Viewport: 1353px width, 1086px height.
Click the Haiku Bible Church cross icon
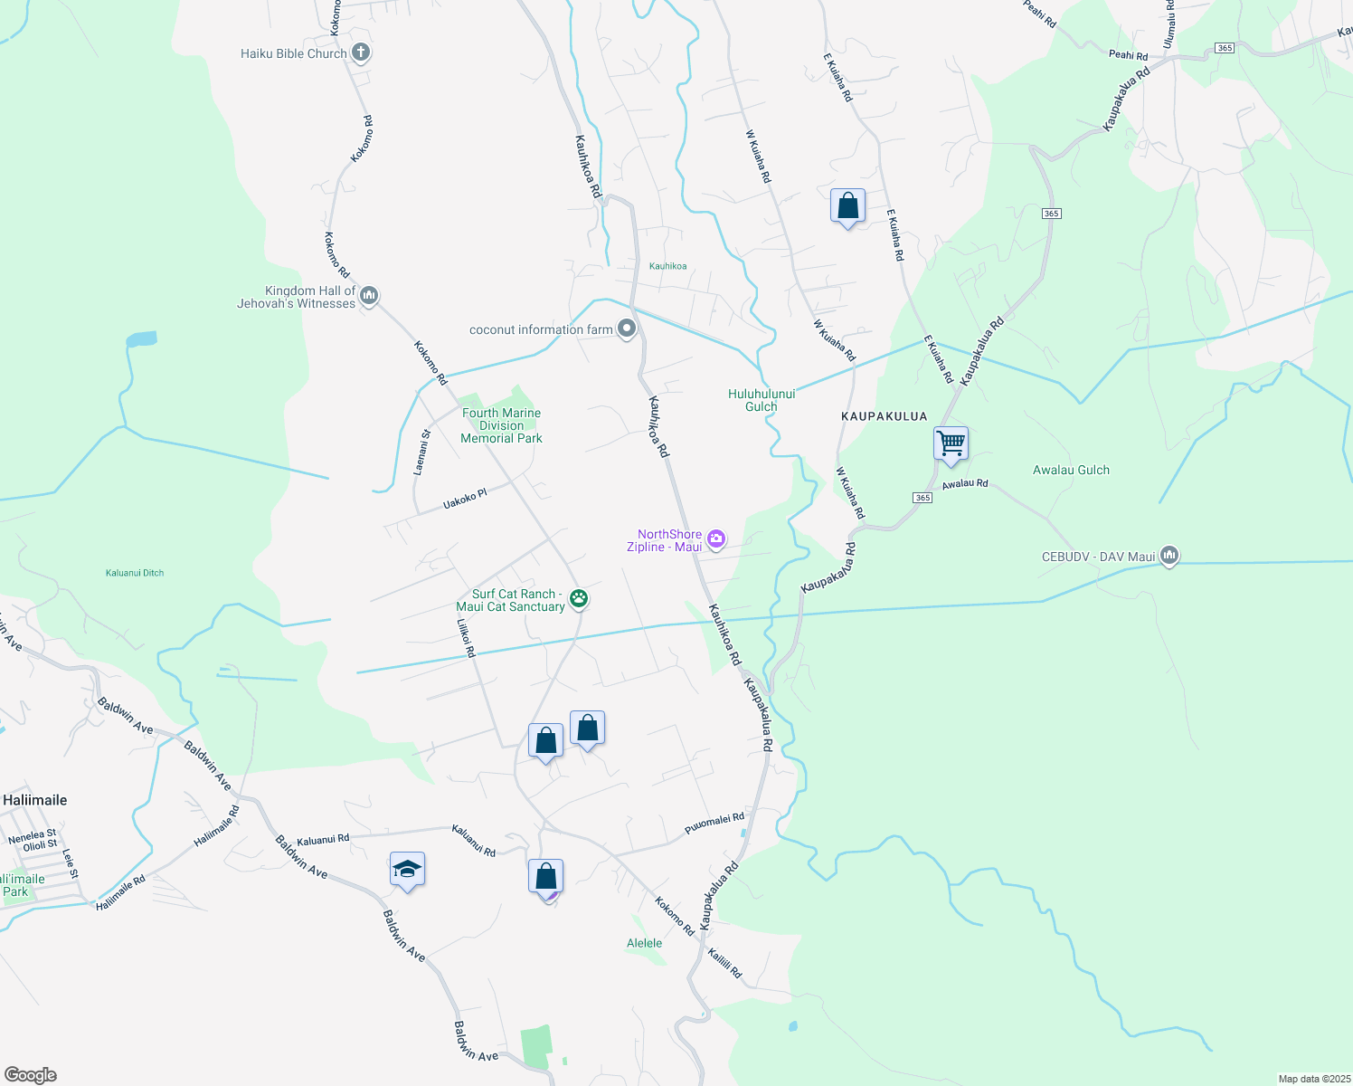(360, 52)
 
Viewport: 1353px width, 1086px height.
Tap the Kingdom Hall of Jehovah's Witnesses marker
(368, 296)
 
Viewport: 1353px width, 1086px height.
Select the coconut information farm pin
(627, 329)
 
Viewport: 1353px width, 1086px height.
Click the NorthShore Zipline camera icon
(716, 539)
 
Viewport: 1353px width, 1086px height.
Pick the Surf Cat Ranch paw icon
(579, 598)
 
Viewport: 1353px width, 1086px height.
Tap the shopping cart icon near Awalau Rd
(951, 444)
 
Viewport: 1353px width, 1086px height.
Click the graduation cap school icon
(407, 870)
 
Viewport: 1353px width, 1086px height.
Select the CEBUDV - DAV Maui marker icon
(1168, 556)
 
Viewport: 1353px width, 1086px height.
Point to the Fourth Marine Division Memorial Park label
(501, 425)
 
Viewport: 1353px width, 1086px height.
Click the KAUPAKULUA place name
(884, 416)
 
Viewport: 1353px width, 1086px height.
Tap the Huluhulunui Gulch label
(762, 400)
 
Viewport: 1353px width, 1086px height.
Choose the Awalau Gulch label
(1071, 470)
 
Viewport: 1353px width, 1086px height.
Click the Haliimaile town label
(35, 800)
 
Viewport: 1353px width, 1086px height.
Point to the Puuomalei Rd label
(714, 824)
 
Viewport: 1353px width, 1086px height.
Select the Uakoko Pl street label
(465, 499)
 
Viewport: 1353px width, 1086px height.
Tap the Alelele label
(644, 943)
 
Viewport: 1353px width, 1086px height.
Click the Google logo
(30, 1075)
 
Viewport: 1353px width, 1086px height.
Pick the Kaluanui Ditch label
(135, 573)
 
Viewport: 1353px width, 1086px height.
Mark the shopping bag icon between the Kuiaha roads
(847, 206)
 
